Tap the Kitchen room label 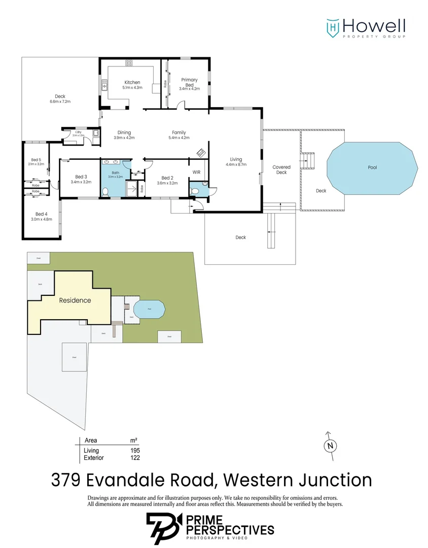click(x=132, y=85)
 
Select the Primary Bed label click(x=189, y=82)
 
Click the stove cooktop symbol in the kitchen click(x=129, y=63)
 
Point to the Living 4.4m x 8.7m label click(x=236, y=161)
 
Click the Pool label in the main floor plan click(x=372, y=167)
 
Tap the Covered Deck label click(x=281, y=169)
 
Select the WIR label click(x=197, y=173)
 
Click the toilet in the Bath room click(x=105, y=191)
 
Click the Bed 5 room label click(x=35, y=161)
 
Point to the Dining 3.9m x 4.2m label click(x=124, y=134)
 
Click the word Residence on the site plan click(x=75, y=300)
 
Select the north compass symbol click(x=330, y=446)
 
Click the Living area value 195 click(x=134, y=451)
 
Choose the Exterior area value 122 click(x=134, y=458)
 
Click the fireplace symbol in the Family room click(x=201, y=153)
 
